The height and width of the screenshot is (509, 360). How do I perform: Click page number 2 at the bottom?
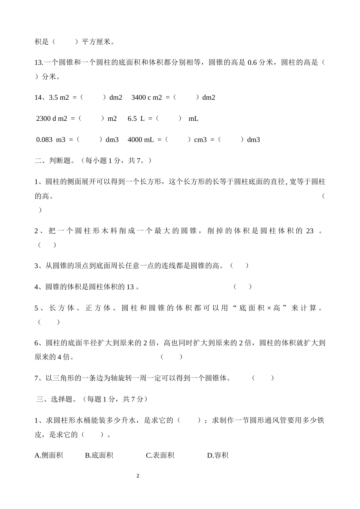(x=138, y=476)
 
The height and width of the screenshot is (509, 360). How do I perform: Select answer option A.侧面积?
(x=49, y=455)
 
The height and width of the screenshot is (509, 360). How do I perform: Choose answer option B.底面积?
(x=99, y=455)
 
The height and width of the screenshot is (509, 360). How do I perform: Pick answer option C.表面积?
(x=160, y=455)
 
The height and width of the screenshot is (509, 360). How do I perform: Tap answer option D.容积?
(x=218, y=455)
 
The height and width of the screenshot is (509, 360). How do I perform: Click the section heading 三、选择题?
(x=55, y=399)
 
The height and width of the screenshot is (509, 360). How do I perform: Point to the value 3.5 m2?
(x=59, y=97)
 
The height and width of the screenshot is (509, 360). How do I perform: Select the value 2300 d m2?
(x=52, y=119)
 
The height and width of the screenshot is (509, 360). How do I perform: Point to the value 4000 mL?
(x=141, y=140)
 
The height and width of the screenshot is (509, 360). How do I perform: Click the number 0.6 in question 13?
(x=252, y=62)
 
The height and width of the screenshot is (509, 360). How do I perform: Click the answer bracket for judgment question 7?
(x=263, y=378)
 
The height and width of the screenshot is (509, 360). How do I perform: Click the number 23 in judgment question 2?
(x=310, y=231)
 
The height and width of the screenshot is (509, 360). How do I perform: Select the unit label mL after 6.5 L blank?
(x=193, y=119)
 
